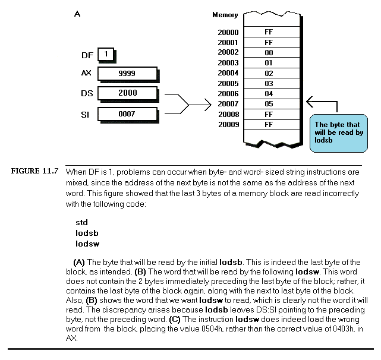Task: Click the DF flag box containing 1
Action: (x=105, y=55)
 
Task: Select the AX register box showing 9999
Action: (x=127, y=74)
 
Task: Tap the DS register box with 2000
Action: (x=127, y=93)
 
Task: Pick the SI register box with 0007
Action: (x=127, y=113)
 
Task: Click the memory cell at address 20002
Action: (x=269, y=52)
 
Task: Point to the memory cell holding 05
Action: (x=269, y=103)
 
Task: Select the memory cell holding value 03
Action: (x=269, y=83)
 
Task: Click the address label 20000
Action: (x=228, y=32)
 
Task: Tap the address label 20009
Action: (x=228, y=124)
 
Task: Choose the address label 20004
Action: (x=228, y=73)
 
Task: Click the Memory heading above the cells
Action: (x=225, y=15)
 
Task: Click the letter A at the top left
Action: (x=77, y=12)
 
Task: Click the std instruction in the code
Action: (x=81, y=222)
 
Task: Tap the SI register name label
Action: (x=86, y=113)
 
